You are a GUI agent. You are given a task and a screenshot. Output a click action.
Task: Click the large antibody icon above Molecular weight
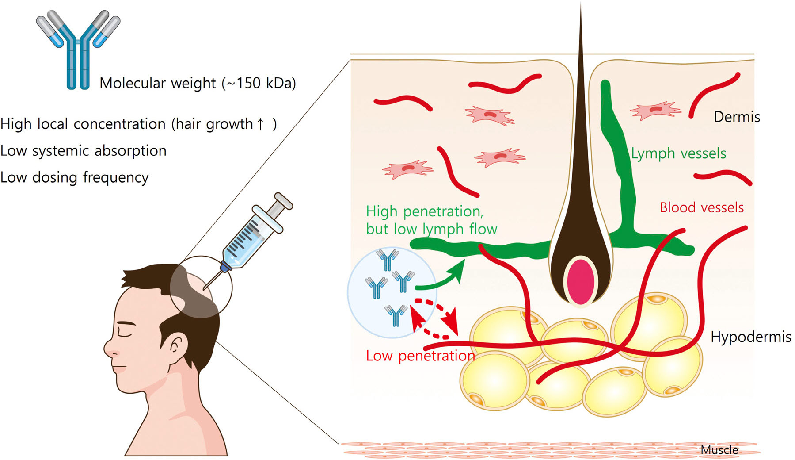point(78,49)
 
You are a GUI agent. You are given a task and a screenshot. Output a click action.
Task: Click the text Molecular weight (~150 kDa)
point(198,83)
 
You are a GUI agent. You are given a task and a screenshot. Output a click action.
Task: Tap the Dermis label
point(737,117)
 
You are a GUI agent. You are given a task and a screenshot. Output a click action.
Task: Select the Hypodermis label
point(750,337)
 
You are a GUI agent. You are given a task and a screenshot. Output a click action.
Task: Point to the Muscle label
point(719,450)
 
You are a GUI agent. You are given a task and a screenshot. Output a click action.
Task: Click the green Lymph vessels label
point(678,153)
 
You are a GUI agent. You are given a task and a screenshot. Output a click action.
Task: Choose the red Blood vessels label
point(702,207)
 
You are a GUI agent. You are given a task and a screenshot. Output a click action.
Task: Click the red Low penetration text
point(420,356)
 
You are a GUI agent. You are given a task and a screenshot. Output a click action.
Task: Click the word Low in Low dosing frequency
point(14,177)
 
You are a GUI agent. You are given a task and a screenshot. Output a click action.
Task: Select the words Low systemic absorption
point(84,151)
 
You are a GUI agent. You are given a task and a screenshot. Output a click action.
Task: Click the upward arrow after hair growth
point(261,124)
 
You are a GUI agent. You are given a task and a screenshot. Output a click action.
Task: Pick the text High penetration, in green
point(424,211)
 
